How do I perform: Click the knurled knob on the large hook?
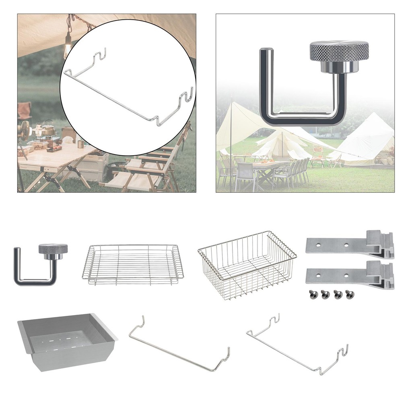pyautogui.click(x=339, y=51)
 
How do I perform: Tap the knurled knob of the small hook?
pyautogui.click(x=53, y=249)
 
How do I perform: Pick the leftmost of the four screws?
pyautogui.click(x=311, y=295)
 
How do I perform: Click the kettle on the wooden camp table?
pyautogui.click(x=49, y=129)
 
